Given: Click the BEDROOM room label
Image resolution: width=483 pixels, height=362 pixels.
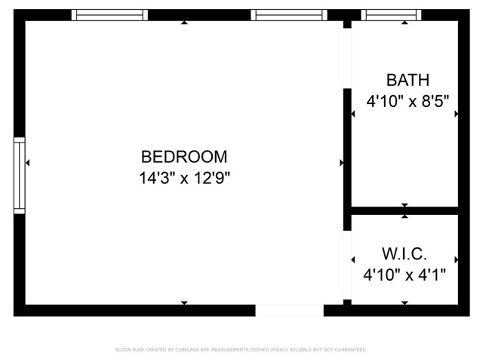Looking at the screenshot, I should tap(184, 157).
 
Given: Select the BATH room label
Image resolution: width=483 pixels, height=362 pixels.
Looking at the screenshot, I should tap(408, 80).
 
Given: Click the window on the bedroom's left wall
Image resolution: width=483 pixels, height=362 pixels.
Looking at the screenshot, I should tap(20, 175).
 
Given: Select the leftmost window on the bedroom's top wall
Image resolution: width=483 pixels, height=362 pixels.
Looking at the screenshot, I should tap(109, 14).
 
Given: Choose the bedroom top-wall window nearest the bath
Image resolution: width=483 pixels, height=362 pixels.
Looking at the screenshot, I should tap(289, 14).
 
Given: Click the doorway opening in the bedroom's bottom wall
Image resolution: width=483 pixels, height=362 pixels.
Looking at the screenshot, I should tap(289, 310).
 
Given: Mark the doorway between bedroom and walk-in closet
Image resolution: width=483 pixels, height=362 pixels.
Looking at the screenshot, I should tap(347, 264).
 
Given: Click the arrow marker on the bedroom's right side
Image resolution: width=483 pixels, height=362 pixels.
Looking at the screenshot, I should tap(342, 162).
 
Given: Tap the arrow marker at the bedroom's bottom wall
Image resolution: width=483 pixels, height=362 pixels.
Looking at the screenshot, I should tap(184, 303).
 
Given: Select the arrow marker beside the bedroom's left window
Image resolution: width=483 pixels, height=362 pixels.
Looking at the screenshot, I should tap(28, 162).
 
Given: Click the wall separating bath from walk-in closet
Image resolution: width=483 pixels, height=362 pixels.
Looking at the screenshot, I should tap(405, 210).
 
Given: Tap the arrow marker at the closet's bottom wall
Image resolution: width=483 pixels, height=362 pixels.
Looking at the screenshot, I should tap(405, 303).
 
